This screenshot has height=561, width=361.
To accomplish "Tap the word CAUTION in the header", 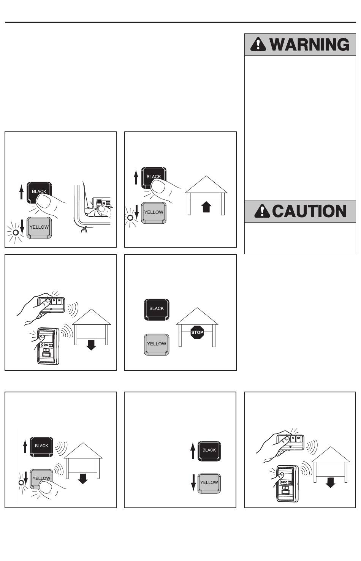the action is (x=309, y=211).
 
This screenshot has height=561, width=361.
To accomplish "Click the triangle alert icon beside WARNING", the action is (x=258, y=44).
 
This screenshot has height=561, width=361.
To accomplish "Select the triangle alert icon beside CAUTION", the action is (x=262, y=211).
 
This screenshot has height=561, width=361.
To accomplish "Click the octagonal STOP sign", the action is (x=197, y=332).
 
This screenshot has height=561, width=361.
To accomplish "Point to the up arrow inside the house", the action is (x=206, y=207).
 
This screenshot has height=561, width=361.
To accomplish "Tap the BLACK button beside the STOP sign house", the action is (x=157, y=310).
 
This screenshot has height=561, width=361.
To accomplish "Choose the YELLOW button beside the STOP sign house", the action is (x=157, y=345).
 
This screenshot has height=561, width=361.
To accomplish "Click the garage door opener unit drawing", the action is (x=93, y=208).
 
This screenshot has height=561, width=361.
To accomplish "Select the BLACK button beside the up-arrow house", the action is (x=154, y=177).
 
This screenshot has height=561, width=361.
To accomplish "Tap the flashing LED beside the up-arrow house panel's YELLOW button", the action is (x=130, y=217).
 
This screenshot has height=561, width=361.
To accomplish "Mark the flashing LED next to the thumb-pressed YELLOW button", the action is (x=21, y=483).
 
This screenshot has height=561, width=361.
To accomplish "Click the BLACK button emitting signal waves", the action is (x=41, y=447).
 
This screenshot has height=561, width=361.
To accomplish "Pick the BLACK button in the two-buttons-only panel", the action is (x=209, y=451).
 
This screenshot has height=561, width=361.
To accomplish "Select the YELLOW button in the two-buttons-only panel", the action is (x=209, y=484).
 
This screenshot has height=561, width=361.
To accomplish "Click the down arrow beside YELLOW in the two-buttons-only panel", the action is (x=193, y=482).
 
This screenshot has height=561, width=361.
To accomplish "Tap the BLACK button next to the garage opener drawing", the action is (x=39, y=193).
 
